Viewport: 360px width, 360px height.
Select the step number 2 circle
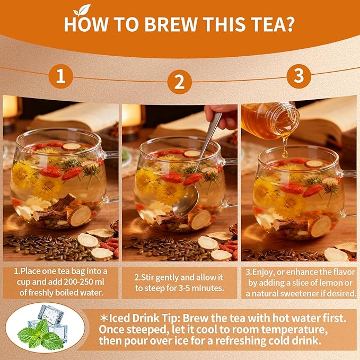tap(180, 82)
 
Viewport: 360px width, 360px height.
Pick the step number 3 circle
tap(298, 76)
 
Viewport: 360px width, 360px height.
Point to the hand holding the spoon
tap(223, 115)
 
